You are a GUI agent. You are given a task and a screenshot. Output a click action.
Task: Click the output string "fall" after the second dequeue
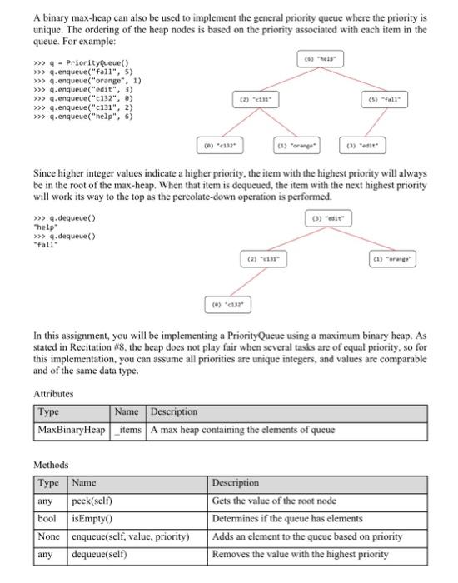click(x=42, y=244)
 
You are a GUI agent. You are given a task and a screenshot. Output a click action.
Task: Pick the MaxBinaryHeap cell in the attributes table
click(x=72, y=430)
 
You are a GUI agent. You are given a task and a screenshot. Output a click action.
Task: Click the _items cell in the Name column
click(x=128, y=430)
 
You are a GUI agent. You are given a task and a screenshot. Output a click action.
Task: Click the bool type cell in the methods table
click(x=48, y=518)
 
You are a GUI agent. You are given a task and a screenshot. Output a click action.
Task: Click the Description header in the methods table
click(x=236, y=483)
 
